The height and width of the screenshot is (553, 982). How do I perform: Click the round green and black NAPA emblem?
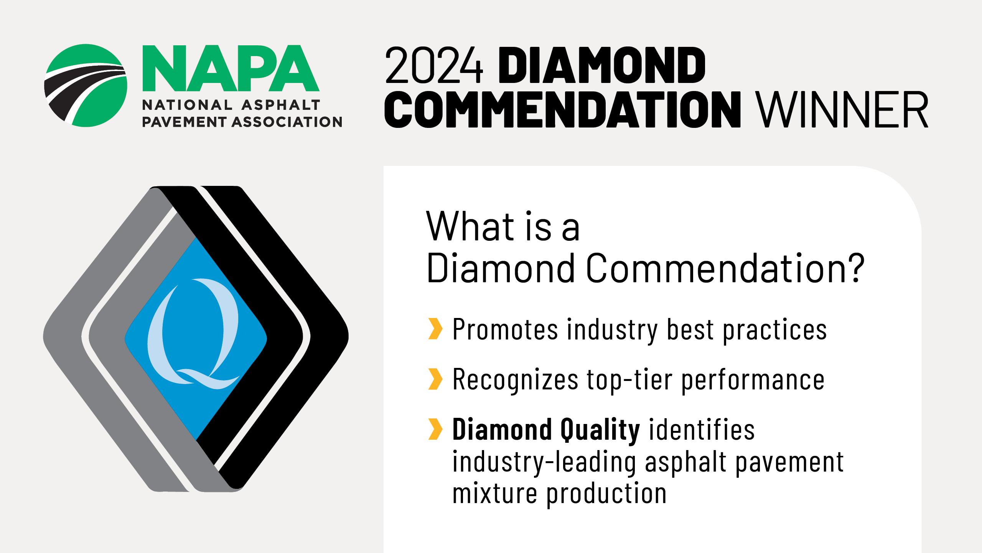(86, 85)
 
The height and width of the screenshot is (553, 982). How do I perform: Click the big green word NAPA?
(231, 68)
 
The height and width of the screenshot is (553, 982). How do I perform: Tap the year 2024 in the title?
(433, 65)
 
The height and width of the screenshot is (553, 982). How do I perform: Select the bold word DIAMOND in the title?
(602, 65)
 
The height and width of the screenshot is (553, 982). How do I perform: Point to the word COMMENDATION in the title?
(563, 109)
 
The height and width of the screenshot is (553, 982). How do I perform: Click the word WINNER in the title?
(842, 109)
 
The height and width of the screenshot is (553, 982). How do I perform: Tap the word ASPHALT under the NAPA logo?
(281, 105)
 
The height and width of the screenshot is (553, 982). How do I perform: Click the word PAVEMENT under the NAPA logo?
(184, 122)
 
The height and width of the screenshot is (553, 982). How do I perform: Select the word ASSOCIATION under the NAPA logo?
(287, 122)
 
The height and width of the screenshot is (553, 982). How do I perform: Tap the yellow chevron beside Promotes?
(435, 329)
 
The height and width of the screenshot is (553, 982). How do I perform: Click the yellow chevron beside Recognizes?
(435, 379)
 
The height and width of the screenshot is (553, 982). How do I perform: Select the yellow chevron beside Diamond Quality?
(435, 429)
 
